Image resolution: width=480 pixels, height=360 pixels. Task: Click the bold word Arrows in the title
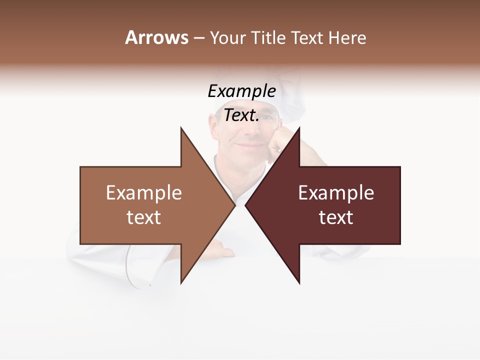coord(157,37)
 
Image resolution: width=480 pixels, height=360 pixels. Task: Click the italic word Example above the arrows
coord(241,91)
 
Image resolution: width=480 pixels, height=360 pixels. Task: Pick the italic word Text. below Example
coord(241,115)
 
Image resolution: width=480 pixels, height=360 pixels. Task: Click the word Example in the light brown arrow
coord(144,193)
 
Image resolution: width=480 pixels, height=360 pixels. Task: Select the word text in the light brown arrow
coord(144,217)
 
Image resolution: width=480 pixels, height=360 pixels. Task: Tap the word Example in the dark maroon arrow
coord(336,193)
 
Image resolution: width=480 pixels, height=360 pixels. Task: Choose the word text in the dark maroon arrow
coord(336,217)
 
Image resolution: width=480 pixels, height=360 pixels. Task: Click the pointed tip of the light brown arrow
coord(234,205)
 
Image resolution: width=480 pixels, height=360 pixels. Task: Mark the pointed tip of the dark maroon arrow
coord(246,205)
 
